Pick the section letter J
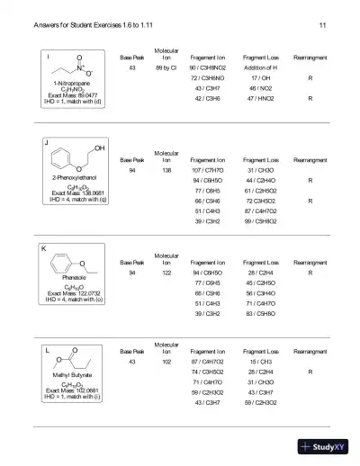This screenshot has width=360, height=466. pyautogui.click(x=45, y=142)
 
